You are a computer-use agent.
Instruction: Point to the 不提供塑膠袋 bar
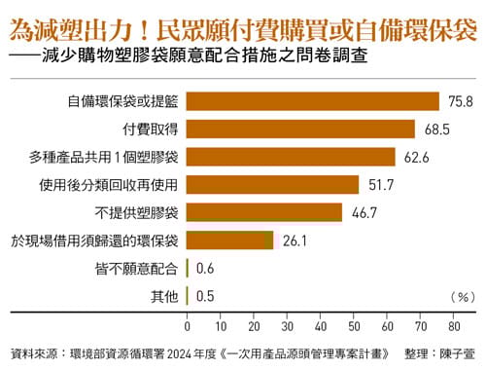point(263,212)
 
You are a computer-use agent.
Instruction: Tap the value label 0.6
point(205,268)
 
